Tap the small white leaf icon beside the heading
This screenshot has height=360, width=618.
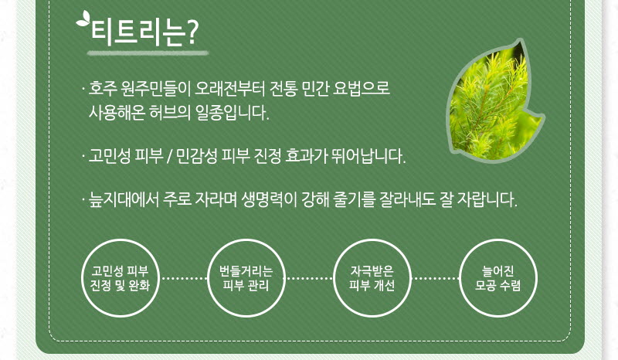click(x=83, y=19)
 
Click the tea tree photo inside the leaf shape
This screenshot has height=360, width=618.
click(x=495, y=100)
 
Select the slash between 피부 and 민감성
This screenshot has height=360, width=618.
click(x=169, y=157)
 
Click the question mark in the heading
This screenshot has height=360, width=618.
click(x=192, y=32)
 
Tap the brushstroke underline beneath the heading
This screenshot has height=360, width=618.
click(x=148, y=53)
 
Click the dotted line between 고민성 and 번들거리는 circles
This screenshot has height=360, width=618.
click(x=183, y=278)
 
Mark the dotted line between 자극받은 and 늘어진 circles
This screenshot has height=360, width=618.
click(x=436, y=278)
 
